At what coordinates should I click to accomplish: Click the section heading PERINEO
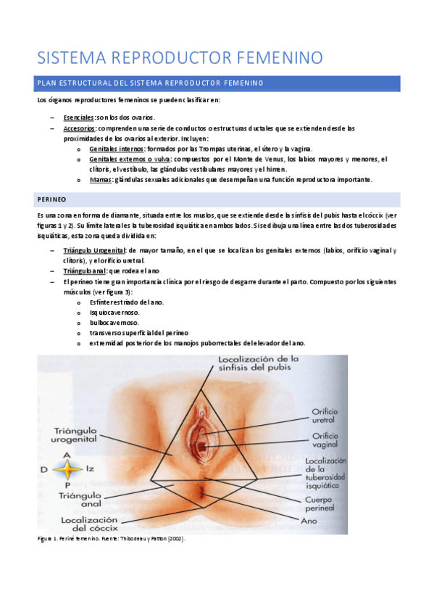tap(51, 199)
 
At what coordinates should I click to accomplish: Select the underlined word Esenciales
tap(79, 117)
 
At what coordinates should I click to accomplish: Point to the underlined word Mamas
tap(101, 179)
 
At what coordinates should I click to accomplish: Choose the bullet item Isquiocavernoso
tap(115, 312)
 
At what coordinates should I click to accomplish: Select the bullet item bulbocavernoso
tap(115, 322)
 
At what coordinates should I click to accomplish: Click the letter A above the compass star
tap(66, 455)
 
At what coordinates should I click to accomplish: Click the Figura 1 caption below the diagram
tap(111, 540)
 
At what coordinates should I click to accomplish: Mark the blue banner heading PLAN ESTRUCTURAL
tap(150, 83)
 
